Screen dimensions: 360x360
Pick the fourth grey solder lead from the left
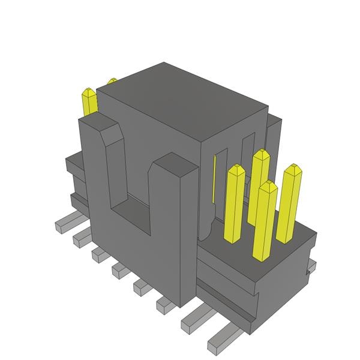119,271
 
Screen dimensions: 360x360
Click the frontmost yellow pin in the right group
265,222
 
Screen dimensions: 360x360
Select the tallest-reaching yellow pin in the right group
260,180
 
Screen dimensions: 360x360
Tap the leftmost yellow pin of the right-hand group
234,204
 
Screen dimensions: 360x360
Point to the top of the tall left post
96,124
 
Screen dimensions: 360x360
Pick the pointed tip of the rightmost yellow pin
293,168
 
